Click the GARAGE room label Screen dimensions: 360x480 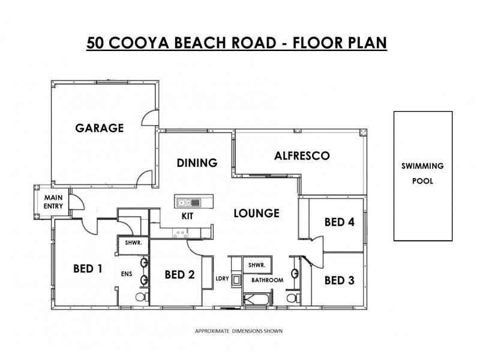click(99, 128)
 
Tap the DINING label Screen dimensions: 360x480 click(196, 163)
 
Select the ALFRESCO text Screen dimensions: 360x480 click(302, 155)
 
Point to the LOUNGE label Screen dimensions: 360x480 click(256, 213)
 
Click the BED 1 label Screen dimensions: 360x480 click(87, 268)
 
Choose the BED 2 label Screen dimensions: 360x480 click(179, 275)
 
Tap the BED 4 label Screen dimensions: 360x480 click(340, 221)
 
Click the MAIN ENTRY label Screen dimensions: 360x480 click(53, 202)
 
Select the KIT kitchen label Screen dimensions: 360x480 click(187, 216)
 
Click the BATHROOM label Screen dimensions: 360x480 click(267, 280)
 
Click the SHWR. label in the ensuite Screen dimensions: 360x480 click(133, 244)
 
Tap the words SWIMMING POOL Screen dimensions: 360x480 click(422, 173)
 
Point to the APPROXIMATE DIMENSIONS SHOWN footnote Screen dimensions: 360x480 click(239, 331)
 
